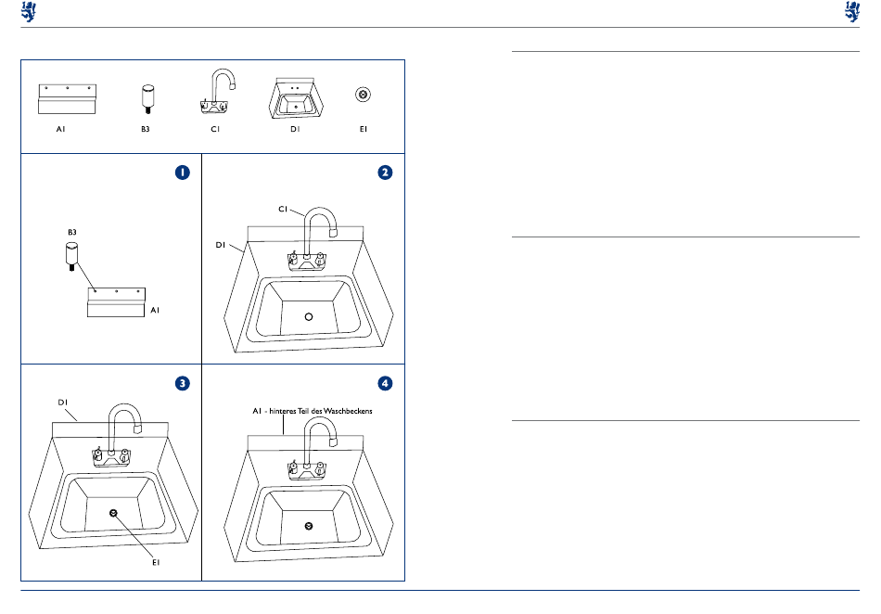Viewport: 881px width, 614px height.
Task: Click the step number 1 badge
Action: [182, 173]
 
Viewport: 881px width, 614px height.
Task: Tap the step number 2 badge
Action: [385, 173]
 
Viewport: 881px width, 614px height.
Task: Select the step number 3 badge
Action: [182, 383]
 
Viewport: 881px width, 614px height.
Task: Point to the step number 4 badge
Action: [385, 383]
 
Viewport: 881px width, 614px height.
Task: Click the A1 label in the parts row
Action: [60, 129]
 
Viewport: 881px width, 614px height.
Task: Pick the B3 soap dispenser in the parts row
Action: [147, 99]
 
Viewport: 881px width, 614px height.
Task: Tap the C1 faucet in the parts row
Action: [217, 91]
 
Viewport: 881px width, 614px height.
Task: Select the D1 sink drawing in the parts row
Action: [296, 98]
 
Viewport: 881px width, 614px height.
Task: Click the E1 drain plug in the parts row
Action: [363, 95]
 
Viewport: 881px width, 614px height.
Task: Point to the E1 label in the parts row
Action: [364, 129]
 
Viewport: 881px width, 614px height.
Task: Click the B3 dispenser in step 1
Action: [71, 256]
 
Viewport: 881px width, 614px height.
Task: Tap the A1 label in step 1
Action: [155, 310]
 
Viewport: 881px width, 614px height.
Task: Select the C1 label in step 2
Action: [283, 209]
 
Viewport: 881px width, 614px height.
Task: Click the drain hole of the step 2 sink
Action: [309, 317]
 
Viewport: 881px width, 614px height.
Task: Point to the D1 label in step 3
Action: [62, 403]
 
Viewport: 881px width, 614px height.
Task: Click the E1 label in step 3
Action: [156, 562]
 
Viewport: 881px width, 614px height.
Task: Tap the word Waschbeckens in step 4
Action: [348, 411]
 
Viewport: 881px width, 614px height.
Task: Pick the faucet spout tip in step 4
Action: [333, 442]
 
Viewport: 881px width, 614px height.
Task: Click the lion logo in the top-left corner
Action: [29, 11]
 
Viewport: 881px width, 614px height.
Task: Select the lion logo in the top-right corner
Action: [852, 11]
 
